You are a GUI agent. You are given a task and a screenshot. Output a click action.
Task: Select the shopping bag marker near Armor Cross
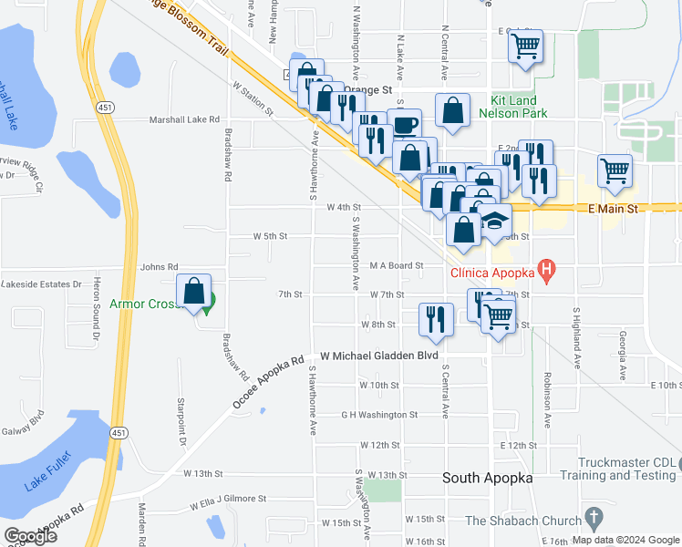(194, 293)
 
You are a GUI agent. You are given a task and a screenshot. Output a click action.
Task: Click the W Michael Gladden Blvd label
(379, 355)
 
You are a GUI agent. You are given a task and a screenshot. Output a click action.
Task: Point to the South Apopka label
(487, 478)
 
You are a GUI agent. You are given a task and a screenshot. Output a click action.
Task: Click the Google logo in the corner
(30, 535)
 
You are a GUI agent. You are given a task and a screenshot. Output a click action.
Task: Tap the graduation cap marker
(493, 222)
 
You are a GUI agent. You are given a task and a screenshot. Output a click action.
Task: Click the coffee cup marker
(404, 125)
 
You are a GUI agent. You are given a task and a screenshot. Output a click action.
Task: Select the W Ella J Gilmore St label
(228, 500)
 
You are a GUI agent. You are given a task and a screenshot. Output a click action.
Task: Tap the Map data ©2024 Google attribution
(625, 540)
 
